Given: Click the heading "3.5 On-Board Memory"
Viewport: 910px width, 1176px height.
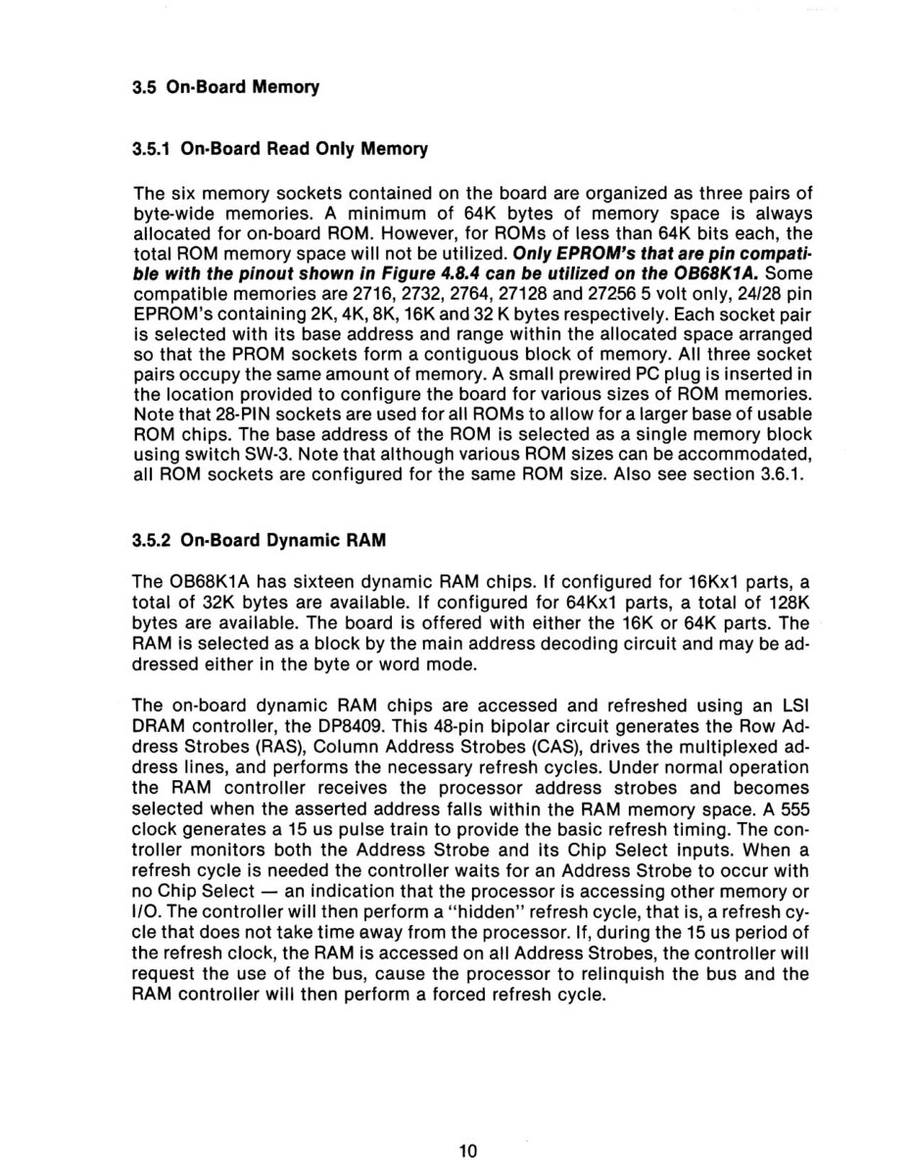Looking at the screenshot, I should [x=226, y=87].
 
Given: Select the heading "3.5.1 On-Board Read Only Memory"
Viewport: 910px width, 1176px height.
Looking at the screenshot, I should [x=280, y=151].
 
